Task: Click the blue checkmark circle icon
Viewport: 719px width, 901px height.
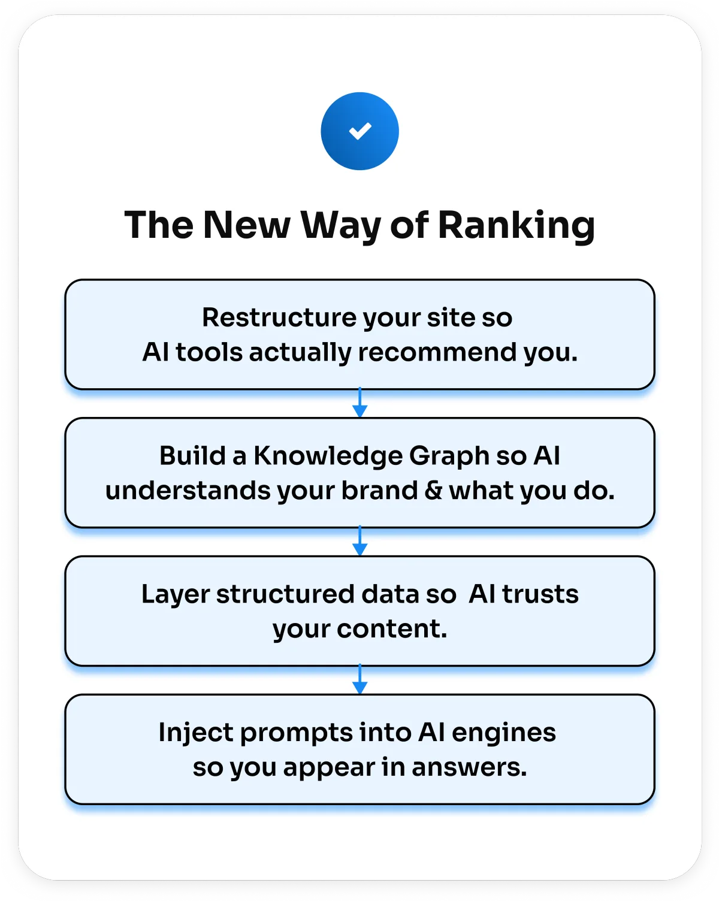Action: pyautogui.click(x=359, y=131)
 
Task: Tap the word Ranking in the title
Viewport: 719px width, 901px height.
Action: pyautogui.click(x=516, y=225)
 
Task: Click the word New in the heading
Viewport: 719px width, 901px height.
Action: pyautogui.click(x=246, y=225)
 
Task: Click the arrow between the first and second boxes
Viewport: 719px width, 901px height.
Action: pyautogui.click(x=359, y=403)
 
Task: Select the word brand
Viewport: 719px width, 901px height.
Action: pyautogui.click(x=380, y=491)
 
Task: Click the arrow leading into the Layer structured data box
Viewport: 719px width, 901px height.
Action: pyautogui.click(x=359, y=542)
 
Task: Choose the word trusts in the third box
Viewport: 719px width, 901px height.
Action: pyautogui.click(x=540, y=594)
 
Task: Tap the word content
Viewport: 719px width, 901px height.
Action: pyautogui.click(x=392, y=629)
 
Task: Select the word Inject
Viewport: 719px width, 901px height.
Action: pyautogui.click(x=195, y=733)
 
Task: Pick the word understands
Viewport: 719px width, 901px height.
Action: pyautogui.click(x=188, y=491)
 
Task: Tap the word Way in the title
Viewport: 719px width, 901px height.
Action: pyautogui.click(x=340, y=226)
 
